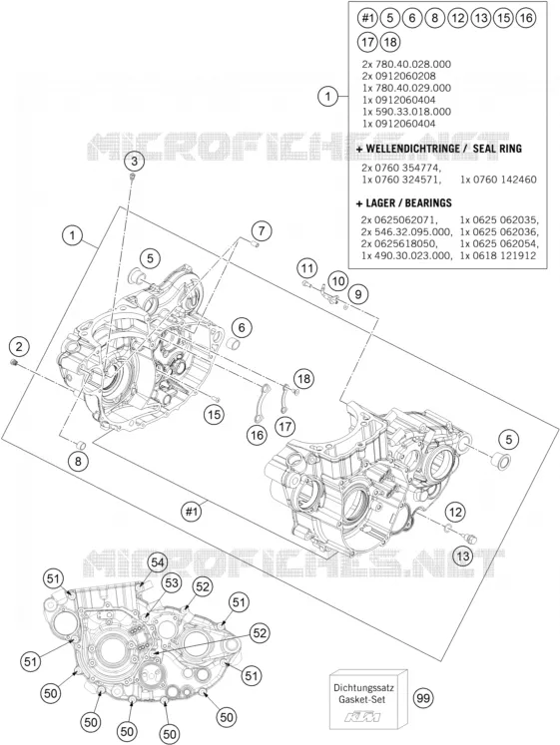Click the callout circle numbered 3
click(135, 162)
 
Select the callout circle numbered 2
click(19, 346)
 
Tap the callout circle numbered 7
click(261, 231)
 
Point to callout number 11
click(307, 268)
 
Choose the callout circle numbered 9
click(358, 294)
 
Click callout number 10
click(337, 281)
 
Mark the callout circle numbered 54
click(157, 562)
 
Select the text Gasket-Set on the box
click(362, 699)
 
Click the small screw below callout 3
click(133, 178)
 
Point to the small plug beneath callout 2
click(15, 363)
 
